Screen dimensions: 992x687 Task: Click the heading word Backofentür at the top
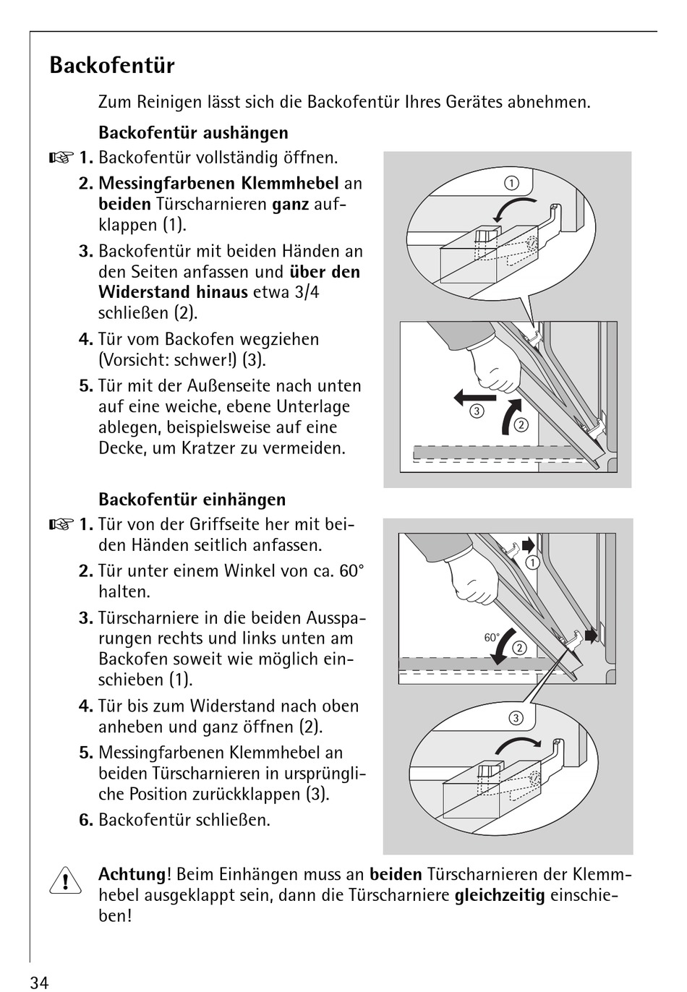click(112, 66)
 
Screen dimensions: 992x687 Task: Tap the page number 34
click(39, 982)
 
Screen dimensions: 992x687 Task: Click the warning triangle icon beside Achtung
click(65, 881)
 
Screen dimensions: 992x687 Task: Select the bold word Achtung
click(132, 875)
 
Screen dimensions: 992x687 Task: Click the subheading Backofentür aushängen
click(193, 133)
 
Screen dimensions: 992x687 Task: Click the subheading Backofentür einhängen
click(192, 500)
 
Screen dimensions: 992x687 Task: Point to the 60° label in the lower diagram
click(492, 638)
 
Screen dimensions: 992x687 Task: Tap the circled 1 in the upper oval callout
click(511, 183)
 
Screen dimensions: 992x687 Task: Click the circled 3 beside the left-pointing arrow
click(477, 412)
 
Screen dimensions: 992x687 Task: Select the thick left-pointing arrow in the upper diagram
click(474, 397)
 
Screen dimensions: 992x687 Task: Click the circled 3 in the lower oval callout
click(516, 718)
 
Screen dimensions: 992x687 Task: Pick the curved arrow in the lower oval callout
click(516, 745)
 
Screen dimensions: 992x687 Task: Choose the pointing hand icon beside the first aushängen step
click(61, 158)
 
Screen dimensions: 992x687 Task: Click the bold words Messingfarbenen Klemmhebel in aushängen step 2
click(218, 184)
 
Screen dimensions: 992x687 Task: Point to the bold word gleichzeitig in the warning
click(500, 896)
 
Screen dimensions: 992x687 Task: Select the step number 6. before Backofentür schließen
click(86, 820)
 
